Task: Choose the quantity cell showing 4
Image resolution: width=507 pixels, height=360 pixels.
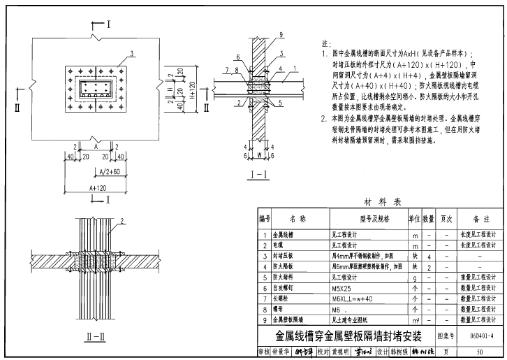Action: tap(428, 256)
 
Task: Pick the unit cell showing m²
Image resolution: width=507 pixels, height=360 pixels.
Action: tap(415, 319)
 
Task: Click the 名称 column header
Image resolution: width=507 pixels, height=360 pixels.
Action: tap(297, 219)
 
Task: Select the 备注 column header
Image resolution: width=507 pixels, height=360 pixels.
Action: tap(480, 219)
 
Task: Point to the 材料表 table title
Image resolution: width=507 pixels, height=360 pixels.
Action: tap(382, 201)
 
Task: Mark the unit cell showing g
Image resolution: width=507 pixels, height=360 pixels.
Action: tap(415, 277)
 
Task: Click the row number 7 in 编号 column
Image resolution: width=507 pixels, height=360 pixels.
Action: tap(265, 298)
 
